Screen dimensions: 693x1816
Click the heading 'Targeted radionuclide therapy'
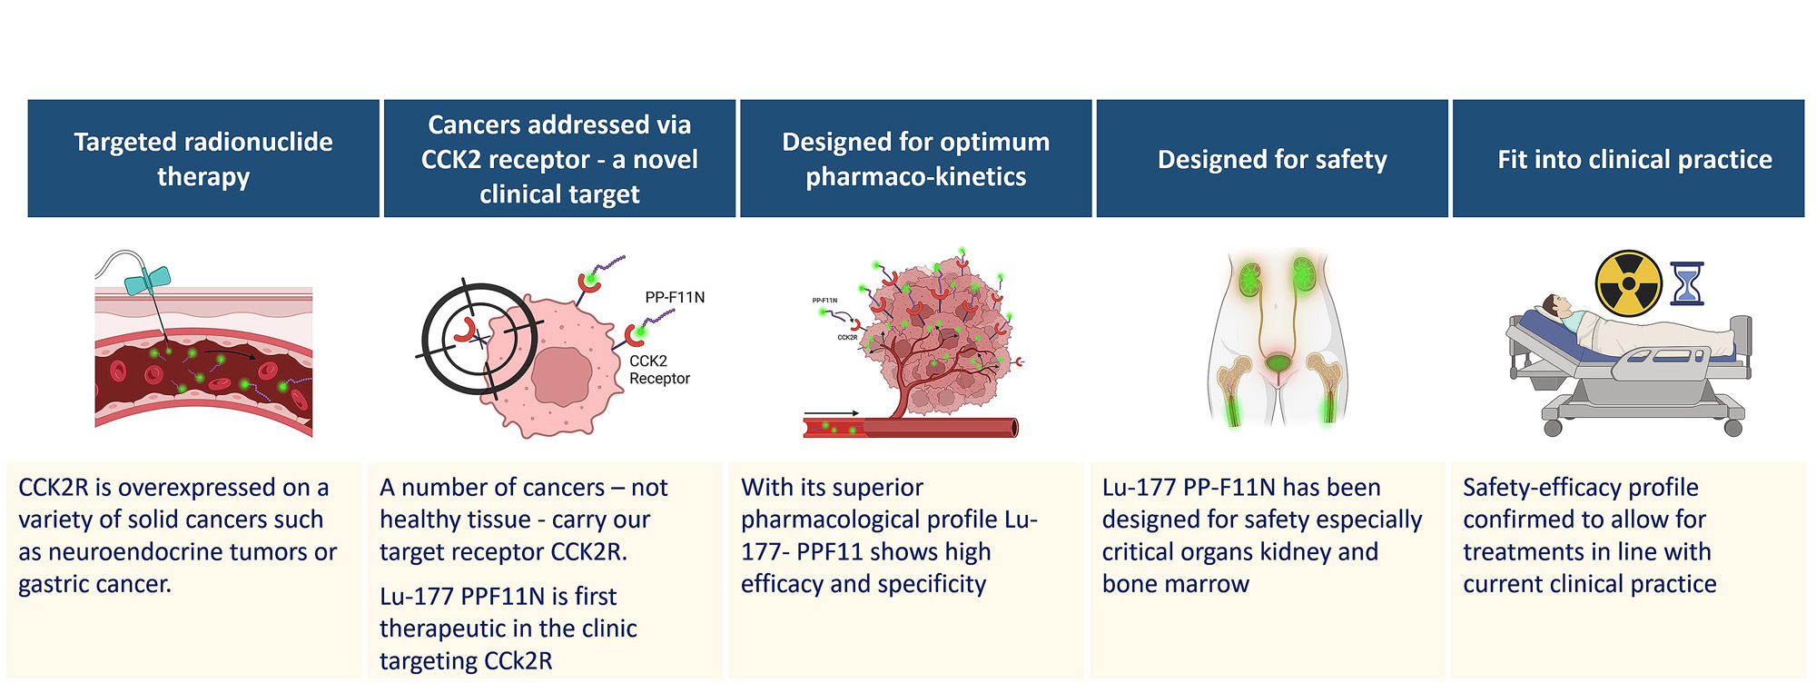[x=203, y=159]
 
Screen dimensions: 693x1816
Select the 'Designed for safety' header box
[x=1272, y=159]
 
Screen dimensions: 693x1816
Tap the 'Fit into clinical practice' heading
[x=1634, y=160]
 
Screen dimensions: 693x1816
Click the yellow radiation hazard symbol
[x=1628, y=283]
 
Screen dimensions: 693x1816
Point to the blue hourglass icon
[x=1687, y=283]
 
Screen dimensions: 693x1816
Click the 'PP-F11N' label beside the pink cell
[x=675, y=297]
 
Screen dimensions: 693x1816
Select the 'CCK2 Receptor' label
[x=659, y=370]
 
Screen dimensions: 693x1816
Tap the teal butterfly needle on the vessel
[x=148, y=281]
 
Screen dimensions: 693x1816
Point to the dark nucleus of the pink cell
[x=561, y=375]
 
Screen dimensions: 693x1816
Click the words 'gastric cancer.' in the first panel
[x=94, y=584]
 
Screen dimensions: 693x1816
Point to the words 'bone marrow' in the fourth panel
[x=1175, y=584]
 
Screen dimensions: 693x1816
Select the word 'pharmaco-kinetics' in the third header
[x=915, y=177]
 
